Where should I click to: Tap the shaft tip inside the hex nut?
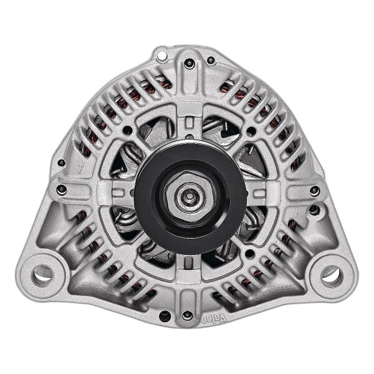pos(187,194)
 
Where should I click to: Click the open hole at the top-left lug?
pos(163,57)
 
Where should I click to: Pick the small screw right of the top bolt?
pos(211,60)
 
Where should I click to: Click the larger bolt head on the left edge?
pos(60,189)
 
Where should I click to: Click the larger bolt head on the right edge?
pos(313,190)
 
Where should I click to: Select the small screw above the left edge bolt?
pos(61,163)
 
